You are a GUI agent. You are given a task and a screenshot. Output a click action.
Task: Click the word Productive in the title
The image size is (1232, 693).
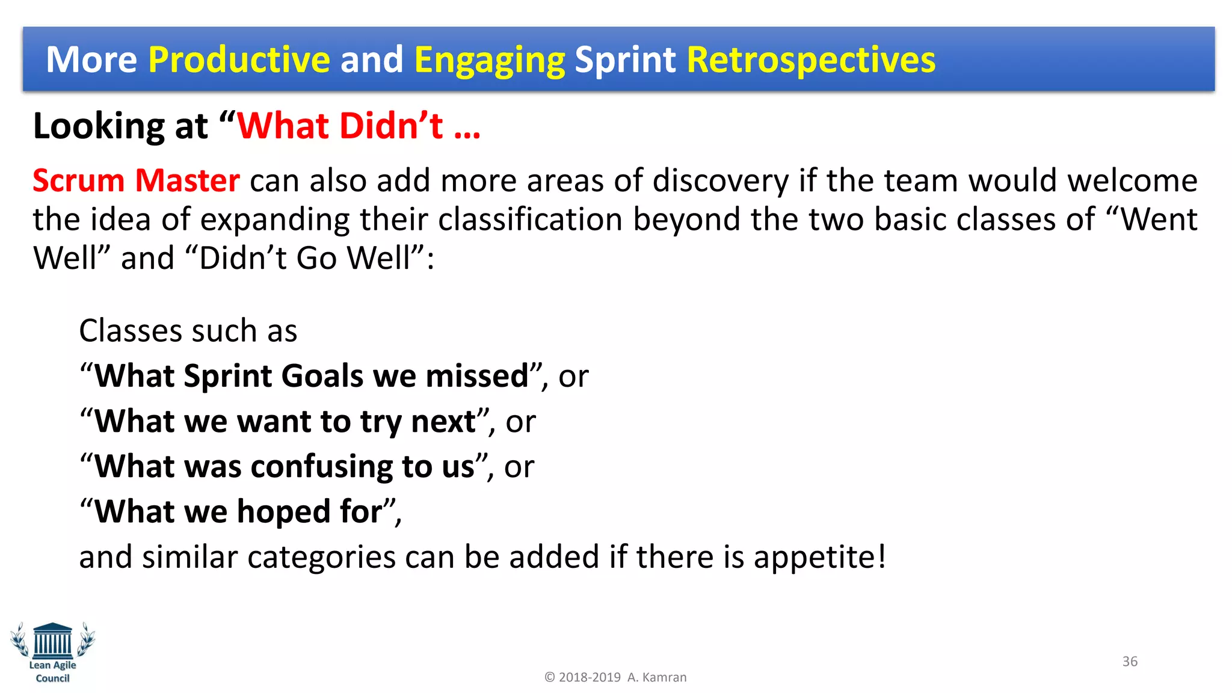pos(239,60)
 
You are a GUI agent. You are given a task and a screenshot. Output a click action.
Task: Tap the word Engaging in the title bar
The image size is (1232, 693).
pos(489,60)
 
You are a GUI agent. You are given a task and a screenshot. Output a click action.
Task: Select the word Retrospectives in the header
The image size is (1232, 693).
pos(810,60)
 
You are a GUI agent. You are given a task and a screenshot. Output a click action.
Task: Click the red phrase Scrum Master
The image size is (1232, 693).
pos(136,180)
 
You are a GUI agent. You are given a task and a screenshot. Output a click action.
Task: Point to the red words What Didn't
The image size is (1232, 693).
pos(340,126)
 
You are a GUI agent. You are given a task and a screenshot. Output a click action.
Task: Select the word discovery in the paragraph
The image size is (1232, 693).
pos(720,180)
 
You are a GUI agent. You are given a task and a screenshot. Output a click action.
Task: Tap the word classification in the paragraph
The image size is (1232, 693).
pos(530,220)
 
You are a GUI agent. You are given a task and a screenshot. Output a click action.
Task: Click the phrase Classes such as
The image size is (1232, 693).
pos(188,331)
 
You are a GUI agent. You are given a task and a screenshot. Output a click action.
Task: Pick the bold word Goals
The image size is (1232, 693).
pos(322,376)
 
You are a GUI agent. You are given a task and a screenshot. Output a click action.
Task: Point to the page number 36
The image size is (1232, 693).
pos(1130,661)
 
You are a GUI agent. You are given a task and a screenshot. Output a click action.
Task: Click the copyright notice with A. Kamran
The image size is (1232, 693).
pos(615,677)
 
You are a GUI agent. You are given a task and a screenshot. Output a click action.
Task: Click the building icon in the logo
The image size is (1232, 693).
pos(53,640)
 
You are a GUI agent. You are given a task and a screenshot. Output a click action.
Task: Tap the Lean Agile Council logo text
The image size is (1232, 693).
pos(53,671)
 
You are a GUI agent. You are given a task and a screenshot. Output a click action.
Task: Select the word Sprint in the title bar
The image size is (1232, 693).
pos(625,60)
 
